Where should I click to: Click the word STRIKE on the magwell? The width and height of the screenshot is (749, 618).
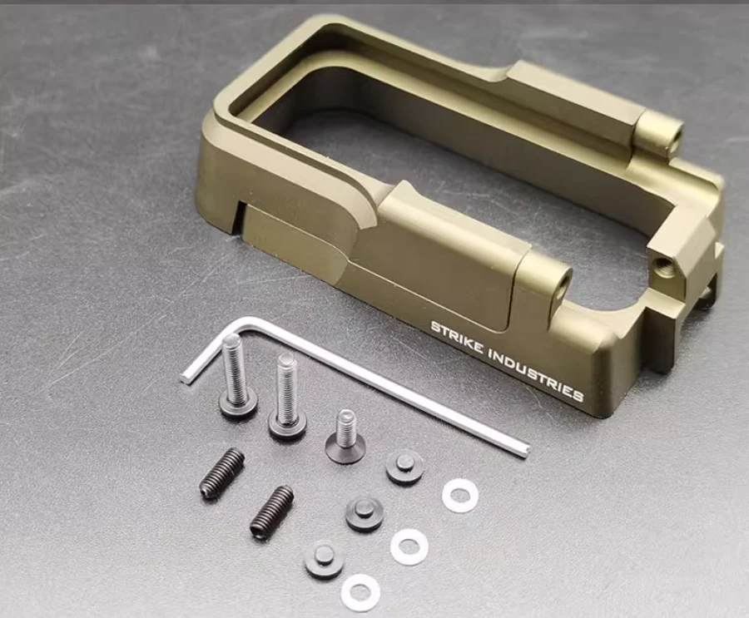point(456,339)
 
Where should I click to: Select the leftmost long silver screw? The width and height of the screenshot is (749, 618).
point(236,375)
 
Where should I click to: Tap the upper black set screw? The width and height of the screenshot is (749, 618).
point(221,473)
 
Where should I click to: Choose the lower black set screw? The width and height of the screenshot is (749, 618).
point(271,511)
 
